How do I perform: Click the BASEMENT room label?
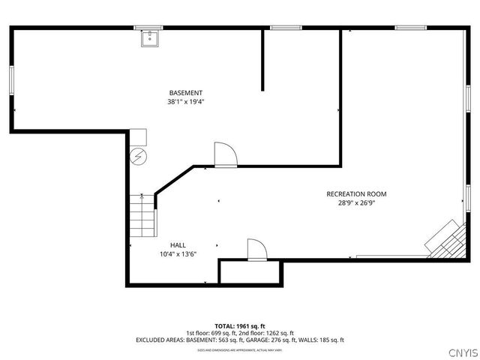point(185,92)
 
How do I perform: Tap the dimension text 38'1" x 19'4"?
point(185,101)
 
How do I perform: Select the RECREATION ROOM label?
point(356,194)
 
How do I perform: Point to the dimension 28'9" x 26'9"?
point(356,203)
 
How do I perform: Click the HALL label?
point(178,245)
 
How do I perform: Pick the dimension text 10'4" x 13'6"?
point(178,254)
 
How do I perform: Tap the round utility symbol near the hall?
point(139,156)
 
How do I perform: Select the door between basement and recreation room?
point(225,154)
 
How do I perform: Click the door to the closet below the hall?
point(256,250)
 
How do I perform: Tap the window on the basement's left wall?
point(11,80)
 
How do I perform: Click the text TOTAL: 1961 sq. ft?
point(240,326)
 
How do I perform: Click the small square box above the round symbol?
point(137,137)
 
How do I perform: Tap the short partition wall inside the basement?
point(262,60)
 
